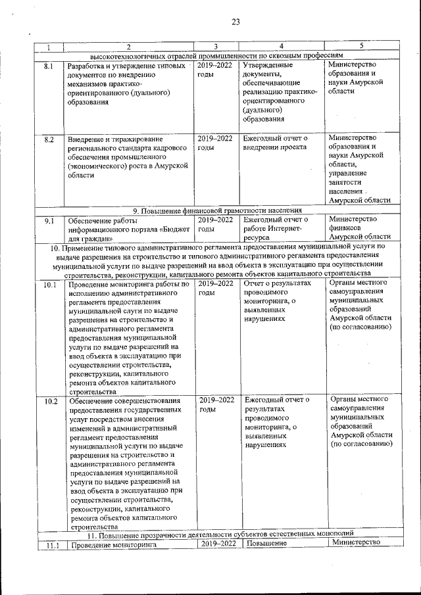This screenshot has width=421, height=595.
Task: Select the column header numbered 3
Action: click(216, 46)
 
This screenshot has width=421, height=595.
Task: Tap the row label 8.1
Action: click(48, 66)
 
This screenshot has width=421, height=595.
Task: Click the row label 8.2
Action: click(48, 139)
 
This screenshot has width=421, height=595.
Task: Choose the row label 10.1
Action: click(49, 285)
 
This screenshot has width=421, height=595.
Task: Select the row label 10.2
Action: click(49, 400)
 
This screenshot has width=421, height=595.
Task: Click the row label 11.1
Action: click(49, 544)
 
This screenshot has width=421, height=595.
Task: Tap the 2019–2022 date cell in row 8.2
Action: click(215, 143)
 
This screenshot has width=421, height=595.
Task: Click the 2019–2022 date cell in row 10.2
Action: click(216, 404)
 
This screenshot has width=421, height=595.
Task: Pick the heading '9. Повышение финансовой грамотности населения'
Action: click(217, 210)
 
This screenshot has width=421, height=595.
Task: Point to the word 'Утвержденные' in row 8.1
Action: click(267, 66)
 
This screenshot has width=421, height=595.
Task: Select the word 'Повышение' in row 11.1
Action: click(266, 544)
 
